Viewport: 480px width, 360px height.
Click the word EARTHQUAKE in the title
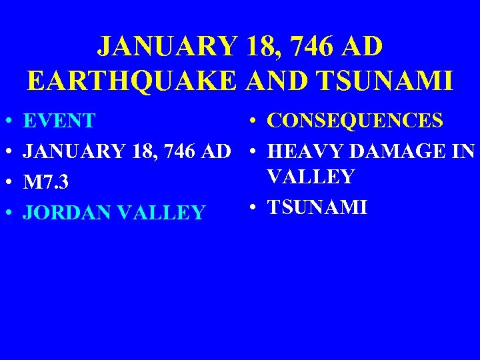[132, 80]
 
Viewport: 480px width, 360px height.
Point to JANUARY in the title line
[167, 47]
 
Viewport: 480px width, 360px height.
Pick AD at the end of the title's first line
[363, 47]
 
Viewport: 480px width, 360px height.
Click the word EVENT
[59, 121]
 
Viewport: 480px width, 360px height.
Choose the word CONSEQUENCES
[355, 121]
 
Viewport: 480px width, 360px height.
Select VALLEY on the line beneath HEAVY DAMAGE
[311, 177]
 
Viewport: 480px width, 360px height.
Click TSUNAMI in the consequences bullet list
[317, 207]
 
